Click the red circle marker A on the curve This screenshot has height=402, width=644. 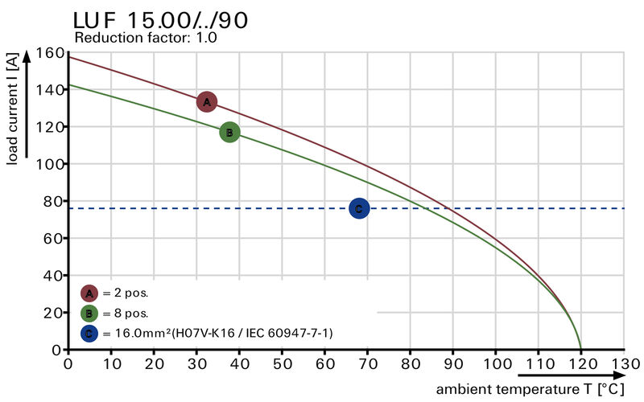tap(207, 102)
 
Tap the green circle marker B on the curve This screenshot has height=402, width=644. tap(229, 132)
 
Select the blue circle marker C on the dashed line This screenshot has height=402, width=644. tap(359, 209)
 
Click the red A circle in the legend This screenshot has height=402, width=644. tap(89, 293)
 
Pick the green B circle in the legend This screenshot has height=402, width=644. tap(89, 313)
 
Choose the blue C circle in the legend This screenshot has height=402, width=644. tap(89, 333)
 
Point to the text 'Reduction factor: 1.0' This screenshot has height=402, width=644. tap(145, 38)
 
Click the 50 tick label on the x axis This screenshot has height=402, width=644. tap(282, 364)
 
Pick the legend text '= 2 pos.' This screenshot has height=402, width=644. tap(125, 293)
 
